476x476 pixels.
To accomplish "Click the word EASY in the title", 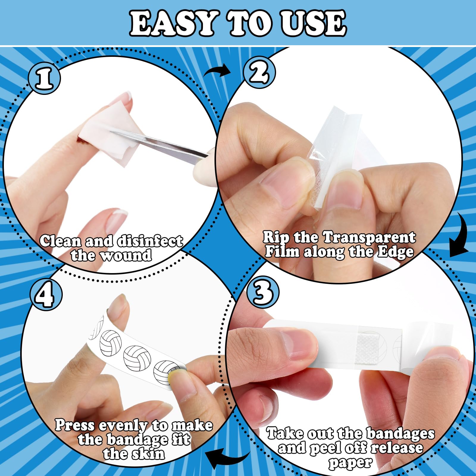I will pyautogui.click(x=173, y=23).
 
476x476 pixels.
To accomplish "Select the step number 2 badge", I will pyautogui.click(x=259, y=72).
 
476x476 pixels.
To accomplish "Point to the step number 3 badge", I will pyautogui.click(x=263, y=292).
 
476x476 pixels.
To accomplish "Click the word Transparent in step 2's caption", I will pyautogui.click(x=369, y=237).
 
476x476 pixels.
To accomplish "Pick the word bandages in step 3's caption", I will pyautogui.click(x=400, y=434).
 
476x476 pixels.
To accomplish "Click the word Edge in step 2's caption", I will pyautogui.click(x=396, y=252).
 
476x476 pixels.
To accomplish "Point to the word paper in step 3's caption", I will pyautogui.click(x=350, y=463).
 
